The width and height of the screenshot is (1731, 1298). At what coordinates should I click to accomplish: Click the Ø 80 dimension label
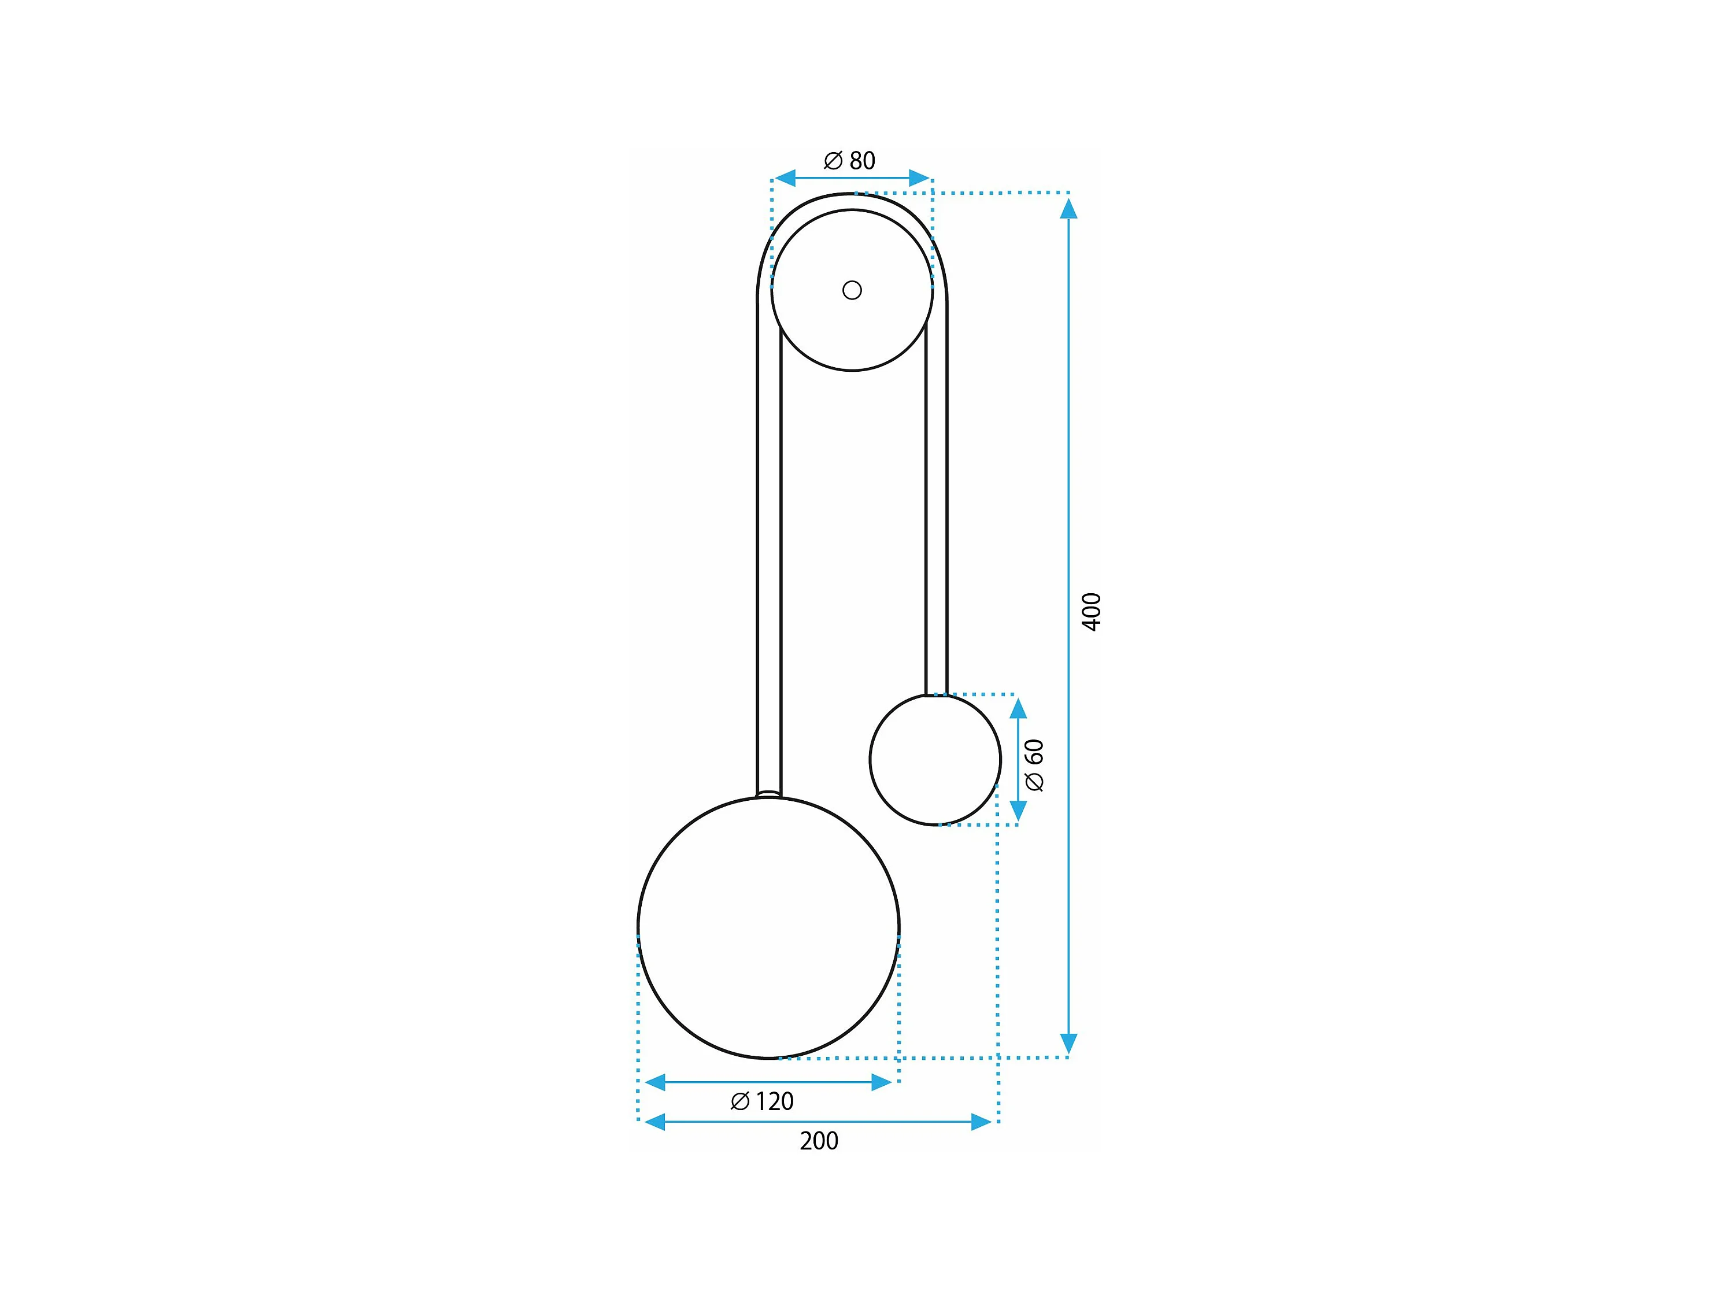click(849, 160)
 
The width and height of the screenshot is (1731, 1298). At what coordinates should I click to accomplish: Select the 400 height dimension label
click(1091, 612)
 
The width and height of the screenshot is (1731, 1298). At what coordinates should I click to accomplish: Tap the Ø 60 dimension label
click(1034, 765)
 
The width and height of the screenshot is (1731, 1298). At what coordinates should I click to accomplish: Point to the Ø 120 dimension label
click(762, 1101)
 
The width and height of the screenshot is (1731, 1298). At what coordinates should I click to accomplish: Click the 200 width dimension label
click(819, 1141)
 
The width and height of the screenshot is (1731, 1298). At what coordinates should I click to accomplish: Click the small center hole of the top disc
click(852, 290)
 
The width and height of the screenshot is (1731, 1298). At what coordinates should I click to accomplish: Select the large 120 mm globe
click(768, 928)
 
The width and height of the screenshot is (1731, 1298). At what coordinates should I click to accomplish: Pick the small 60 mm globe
click(935, 760)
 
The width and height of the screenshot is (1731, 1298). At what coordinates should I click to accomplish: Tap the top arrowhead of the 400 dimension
click(1068, 208)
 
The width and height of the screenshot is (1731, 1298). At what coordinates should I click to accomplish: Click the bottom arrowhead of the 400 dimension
click(1068, 1044)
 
